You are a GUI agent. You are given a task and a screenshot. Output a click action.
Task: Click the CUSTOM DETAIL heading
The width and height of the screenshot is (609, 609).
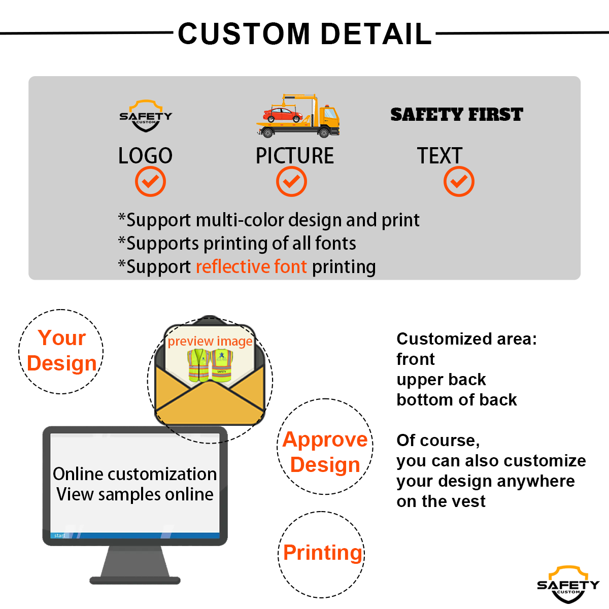click(304, 34)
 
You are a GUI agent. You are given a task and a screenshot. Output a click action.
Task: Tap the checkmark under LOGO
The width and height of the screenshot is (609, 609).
click(150, 182)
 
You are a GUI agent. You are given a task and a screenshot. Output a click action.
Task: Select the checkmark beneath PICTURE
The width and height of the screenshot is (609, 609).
click(291, 182)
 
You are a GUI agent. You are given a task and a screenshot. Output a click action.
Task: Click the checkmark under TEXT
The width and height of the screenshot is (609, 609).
click(459, 182)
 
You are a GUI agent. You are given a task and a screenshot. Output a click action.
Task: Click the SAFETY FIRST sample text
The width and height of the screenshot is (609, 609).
click(456, 115)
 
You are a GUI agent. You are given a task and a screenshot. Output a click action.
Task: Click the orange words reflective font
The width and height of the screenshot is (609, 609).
click(251, 266)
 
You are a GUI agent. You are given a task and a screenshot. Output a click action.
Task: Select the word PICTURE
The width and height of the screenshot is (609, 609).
click(294, 156)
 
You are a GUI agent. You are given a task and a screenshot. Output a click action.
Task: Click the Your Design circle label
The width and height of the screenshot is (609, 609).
click(61, 351)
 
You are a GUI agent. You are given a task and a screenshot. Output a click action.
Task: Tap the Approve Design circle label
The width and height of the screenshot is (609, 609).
click(325, 452)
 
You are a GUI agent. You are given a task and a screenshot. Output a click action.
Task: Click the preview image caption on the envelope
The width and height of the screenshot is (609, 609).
click(210, 341)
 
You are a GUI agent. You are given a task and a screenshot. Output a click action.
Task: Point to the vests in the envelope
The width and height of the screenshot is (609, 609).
click(210, 365)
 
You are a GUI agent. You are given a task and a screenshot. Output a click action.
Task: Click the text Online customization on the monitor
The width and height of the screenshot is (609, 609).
click(134, 474)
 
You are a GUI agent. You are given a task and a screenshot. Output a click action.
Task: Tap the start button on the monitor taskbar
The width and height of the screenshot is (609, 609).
click(59, 535)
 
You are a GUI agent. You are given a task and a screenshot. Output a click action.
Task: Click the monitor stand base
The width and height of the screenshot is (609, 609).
click(135, 580)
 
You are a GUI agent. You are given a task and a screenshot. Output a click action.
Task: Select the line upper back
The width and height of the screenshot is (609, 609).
click(441, 380)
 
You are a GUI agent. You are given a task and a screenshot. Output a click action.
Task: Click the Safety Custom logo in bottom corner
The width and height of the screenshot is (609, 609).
click(568, 585)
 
